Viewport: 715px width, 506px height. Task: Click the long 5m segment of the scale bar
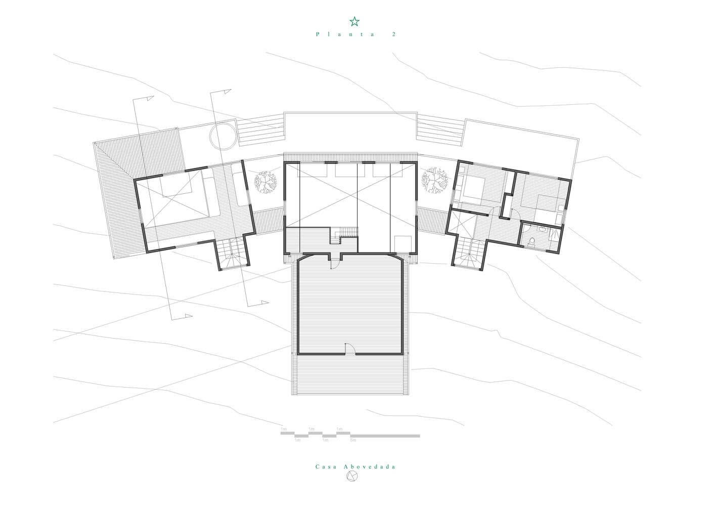[385, 435]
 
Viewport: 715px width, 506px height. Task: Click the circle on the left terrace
[222, 135]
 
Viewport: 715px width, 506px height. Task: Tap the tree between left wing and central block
[265, 182]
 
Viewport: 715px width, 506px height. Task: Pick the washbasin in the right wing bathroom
[542, 229]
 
